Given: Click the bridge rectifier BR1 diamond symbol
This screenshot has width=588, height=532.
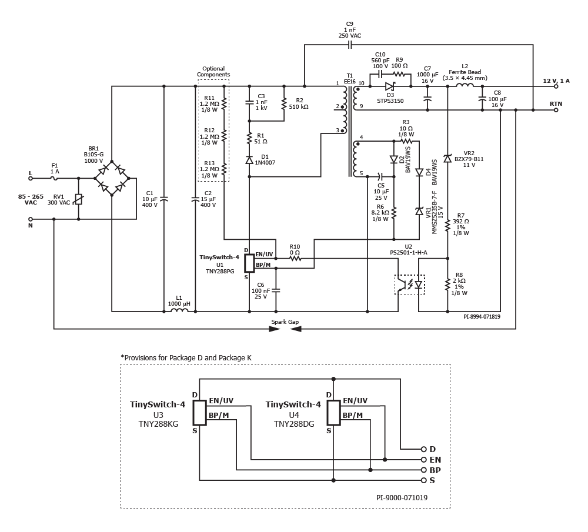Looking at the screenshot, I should [x=112, y=178].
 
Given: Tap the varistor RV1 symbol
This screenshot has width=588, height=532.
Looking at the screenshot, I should [x=79, y=200].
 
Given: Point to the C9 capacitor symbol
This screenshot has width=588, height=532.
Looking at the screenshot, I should [x=350, y=45].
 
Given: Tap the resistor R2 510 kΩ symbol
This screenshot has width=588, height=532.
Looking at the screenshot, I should [x=284, y=103].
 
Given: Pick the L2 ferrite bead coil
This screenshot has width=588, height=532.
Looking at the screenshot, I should [x=465, y=86].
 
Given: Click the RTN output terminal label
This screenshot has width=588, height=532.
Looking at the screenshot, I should [x=555, y=103].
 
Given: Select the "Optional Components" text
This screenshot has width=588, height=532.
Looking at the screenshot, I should [x=213, y=72].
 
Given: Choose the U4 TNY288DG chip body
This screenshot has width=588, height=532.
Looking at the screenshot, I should [x=333, y=413].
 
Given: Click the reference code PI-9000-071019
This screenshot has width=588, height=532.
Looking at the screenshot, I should [x=402, y=497].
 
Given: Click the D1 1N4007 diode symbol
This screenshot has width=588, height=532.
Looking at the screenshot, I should [x=249, y=159].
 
